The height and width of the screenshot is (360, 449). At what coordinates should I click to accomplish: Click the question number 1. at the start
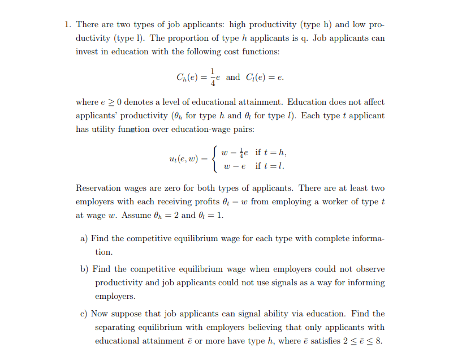coord(67,25)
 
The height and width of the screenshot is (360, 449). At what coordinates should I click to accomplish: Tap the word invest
coord(88,52)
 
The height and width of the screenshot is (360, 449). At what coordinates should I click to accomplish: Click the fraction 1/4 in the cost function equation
coord(213,77)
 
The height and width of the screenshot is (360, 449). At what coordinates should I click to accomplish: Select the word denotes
coord(141,102)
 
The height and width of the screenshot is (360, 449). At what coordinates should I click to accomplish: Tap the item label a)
coord(84,239)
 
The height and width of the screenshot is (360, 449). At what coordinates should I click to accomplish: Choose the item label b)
coord(85,269)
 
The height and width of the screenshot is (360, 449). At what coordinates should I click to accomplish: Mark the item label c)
coord(84,314)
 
